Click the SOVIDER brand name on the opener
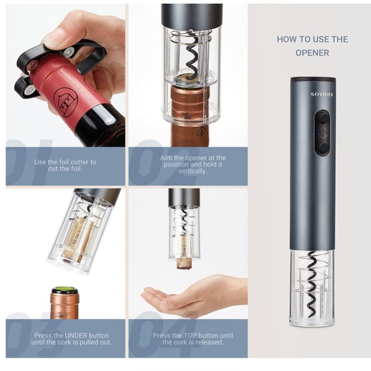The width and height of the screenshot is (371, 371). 313,94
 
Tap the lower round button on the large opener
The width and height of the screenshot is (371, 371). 323,147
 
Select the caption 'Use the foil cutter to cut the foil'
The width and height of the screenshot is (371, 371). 65,166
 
